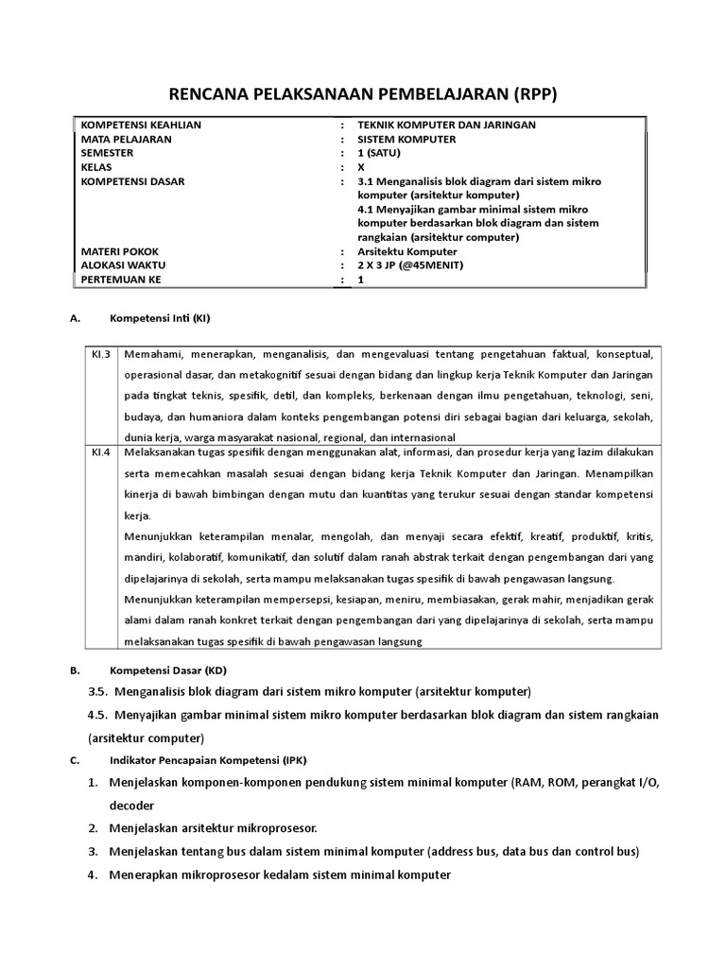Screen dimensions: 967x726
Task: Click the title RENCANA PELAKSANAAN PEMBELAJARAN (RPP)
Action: [x=363, y=93]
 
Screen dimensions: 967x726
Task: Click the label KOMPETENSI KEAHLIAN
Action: [x=142, y=125]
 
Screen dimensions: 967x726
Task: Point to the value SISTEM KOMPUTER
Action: [x=406, y=139]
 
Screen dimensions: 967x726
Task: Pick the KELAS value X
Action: [x=361, y=166]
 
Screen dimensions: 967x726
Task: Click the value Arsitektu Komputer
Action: [x=407, y=251]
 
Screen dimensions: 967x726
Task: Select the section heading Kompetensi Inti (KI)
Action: [x=160, y=318]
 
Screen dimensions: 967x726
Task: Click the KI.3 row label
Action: [x=101, y=354]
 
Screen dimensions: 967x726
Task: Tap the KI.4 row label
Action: [x=101, y=451]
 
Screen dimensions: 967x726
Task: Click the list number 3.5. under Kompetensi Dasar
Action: [x=96, y=690]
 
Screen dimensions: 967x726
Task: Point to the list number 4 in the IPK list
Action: [x=93, y=874]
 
